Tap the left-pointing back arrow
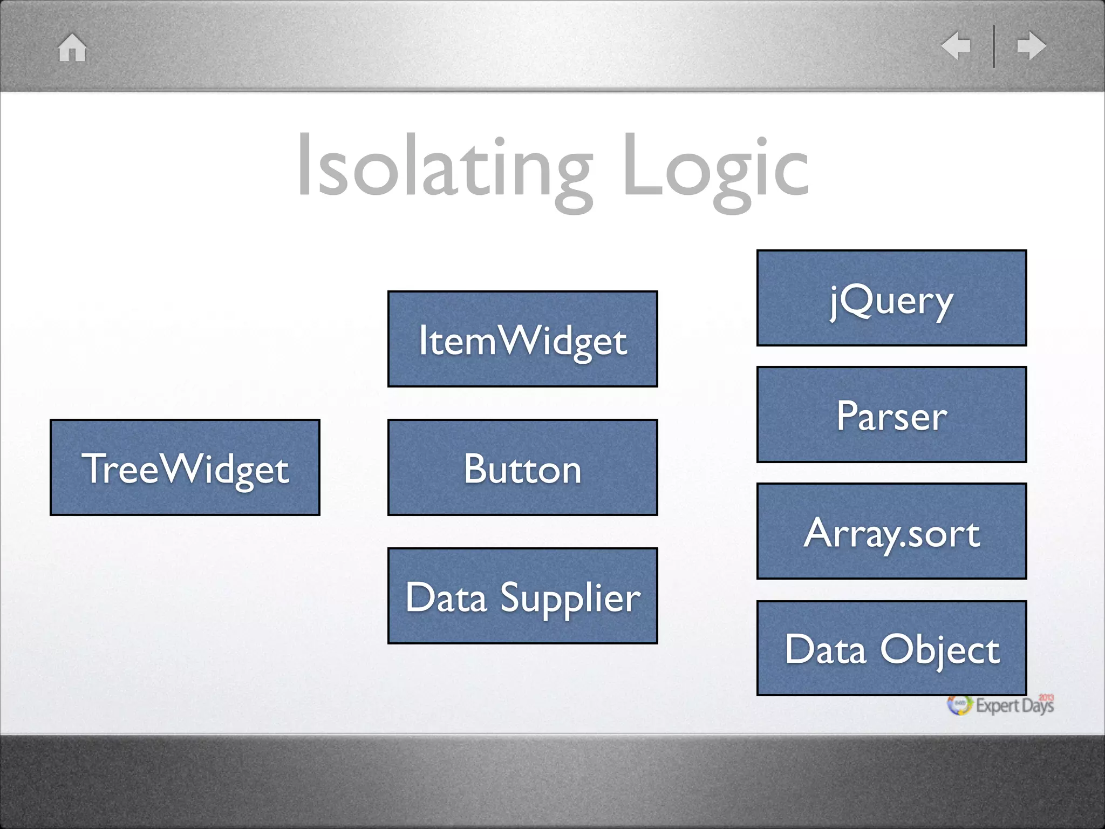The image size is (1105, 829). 956,46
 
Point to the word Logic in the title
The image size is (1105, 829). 715,167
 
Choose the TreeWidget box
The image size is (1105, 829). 185,467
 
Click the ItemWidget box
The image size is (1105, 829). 522,339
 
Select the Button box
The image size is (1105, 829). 522,467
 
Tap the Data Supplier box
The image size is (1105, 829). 522,596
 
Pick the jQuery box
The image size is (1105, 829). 891,298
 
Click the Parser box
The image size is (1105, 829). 891,414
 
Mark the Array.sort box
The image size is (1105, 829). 891,531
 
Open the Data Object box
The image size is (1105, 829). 891,648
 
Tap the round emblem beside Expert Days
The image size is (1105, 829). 960,705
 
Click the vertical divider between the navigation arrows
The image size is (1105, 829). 994,46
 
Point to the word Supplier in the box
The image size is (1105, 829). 570,598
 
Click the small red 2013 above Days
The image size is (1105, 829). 1046,697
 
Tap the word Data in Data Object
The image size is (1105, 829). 826,649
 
